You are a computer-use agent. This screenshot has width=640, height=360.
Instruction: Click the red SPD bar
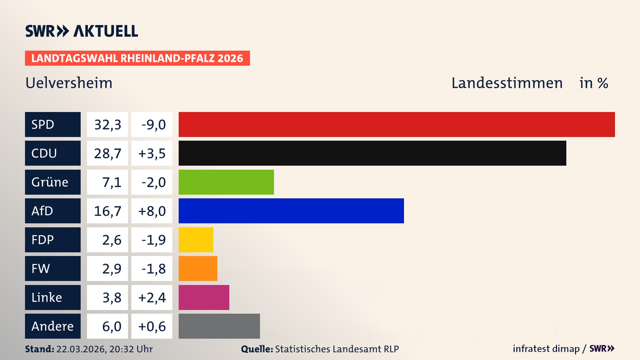(x=397, y=124)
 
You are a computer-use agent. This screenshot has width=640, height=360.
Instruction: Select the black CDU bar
(x=372, y=153)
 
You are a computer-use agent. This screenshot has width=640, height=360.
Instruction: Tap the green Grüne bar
(x=226, y=182)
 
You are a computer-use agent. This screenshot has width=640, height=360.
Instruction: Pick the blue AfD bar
(x=291, y=211)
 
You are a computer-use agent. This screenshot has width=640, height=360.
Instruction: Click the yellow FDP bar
(x=196, y=240)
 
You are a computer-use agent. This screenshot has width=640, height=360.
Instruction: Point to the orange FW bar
(x=198, y=268)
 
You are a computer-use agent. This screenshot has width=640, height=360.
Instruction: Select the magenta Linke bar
(x=204, y=297)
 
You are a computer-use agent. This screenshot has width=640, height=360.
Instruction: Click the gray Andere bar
(x=219, y=326)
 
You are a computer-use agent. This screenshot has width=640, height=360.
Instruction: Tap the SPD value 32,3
(x=107, y=125)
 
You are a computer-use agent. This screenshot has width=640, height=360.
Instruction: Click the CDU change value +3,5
(x=152, y=153)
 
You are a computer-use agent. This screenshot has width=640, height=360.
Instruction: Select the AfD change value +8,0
(x=152, y=211)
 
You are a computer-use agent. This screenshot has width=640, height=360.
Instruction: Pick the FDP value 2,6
(x=111, y=240)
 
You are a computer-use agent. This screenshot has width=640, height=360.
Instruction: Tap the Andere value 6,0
(x=111, y=326)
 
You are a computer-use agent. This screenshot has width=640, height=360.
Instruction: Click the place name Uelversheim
(x=69, y=83)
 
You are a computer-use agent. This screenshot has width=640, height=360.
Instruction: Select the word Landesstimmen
(x=507, y=83)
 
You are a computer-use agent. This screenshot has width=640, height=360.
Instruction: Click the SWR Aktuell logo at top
(x=81, y=31)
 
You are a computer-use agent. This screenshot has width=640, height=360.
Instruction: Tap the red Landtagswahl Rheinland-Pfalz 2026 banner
(x=137, y=58)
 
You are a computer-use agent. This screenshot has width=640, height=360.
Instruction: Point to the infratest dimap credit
(x=546, y=349)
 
